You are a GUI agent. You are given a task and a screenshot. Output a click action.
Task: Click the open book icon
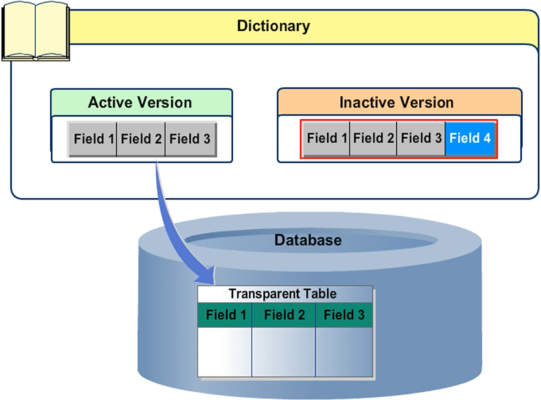[35, 31]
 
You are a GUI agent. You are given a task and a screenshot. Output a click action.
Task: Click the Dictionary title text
[273, 27]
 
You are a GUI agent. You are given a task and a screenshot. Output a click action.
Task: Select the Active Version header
[141, 103]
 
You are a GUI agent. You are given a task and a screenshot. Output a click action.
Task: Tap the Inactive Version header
[396, 103]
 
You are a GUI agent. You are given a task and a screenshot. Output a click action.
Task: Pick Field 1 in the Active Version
[93, 139]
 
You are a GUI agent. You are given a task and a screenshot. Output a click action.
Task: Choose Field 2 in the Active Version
[141, 139]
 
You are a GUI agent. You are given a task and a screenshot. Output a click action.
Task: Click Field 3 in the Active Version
[189, 139]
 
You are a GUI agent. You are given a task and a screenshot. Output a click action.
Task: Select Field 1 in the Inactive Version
[327, 138]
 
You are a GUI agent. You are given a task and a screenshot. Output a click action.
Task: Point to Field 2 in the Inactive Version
[373, 138]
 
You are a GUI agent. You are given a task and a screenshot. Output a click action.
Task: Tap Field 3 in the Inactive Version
[421, 138]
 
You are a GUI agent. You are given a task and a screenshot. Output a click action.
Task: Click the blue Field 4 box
[470, 138]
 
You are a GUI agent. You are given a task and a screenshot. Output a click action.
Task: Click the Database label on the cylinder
[307, 240]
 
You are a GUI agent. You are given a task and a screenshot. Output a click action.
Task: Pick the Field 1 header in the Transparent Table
[225, 315]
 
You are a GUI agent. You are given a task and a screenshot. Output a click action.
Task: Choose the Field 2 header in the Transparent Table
[284, 315]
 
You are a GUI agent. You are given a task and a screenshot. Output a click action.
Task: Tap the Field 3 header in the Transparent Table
[344, 315]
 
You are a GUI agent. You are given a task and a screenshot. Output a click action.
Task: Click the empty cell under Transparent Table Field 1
[225, 352]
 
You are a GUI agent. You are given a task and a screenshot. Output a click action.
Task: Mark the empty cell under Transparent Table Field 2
[284, 352]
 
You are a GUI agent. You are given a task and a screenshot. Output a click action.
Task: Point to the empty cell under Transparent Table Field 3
[344, 352]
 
